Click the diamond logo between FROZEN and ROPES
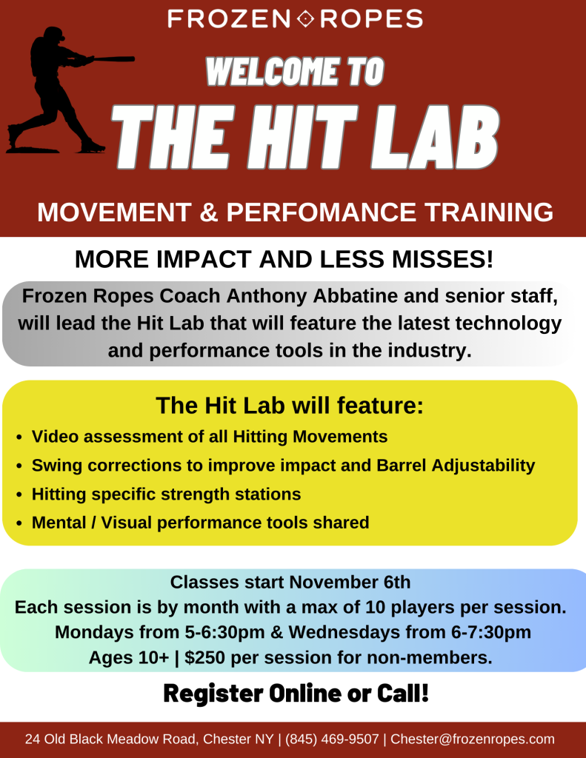click(305, 19)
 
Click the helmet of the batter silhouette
click(54, 34)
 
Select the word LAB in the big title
click(435, 137)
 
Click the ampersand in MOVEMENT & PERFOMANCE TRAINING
click(209, 212)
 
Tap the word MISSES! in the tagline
click(443, 259)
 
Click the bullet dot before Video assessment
click(19, 437)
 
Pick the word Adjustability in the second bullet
click(483, 466)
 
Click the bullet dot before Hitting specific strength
click(19, 495)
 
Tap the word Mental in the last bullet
click(59, 523)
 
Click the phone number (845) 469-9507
click(332, 739)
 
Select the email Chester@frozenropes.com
click(473, 739)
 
